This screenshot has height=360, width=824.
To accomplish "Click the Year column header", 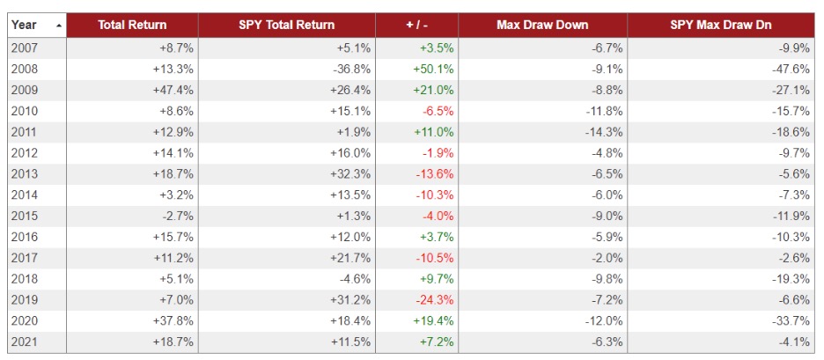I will (25, 26).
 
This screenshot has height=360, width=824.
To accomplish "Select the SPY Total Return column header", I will (286, 26).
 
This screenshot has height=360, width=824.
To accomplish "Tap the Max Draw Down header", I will (542, 26).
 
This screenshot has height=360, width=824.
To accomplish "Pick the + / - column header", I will (416, 26).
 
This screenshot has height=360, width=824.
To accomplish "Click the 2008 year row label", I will (25, 70).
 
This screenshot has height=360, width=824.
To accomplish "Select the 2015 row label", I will (25, 216).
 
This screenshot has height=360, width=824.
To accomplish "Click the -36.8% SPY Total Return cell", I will (350, 70).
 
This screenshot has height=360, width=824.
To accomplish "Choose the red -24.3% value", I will (435, 299).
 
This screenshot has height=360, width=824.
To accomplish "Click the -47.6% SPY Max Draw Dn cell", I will (791, 70).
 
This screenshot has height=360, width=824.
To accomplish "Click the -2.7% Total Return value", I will (176, 216).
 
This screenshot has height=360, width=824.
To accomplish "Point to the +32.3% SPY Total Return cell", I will (350, 174).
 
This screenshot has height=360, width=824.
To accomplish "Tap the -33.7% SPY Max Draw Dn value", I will (791, 320).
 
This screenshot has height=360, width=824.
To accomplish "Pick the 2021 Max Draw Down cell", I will (607, 342).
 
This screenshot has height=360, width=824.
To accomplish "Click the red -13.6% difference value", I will (435, 174).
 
